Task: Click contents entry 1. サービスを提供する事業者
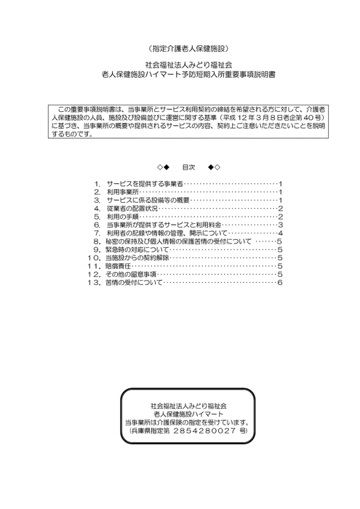click(x=144, y=183)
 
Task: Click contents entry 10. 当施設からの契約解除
click(x=138, y=258)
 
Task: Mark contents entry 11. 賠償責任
click(x=120, y=267)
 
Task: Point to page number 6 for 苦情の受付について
click(x=279, y=283)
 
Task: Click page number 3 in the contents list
click(x=279, y=225)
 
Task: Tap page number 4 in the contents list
click(x=279, y=233)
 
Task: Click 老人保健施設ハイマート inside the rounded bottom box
click(x=188, y=412)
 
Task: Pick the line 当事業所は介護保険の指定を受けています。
click(x=188, y=422)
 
